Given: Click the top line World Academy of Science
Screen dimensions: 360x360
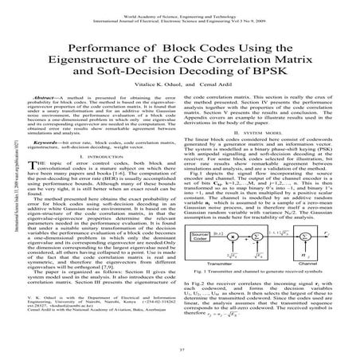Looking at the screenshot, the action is click(180, 5).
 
